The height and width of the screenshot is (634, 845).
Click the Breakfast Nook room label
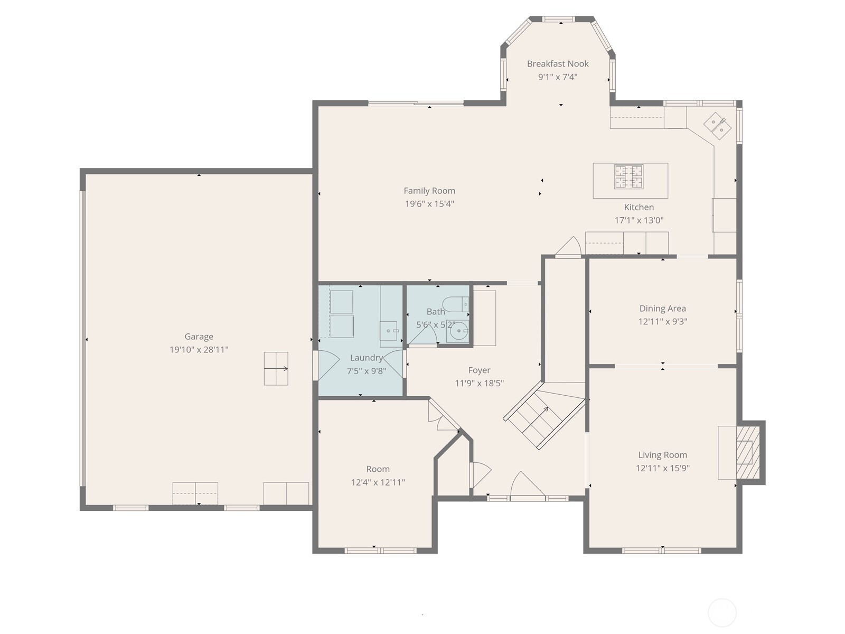point(558,64)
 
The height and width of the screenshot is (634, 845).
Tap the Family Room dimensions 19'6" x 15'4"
point(429,204)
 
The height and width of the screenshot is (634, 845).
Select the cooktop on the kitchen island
point(628,176)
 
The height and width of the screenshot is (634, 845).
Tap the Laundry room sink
point(390,331)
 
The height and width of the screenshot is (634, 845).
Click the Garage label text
point(199,337)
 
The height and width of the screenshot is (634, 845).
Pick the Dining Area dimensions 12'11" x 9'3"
point(662,322)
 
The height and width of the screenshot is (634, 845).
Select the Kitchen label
point(639,208)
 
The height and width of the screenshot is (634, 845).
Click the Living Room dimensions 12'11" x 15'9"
point(662,468)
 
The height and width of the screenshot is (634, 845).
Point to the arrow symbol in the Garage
point(276,368)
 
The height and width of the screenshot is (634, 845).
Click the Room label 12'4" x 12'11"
point(378,469)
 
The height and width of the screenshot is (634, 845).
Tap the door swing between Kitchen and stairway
point(569,247)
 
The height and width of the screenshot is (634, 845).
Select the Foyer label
point(479,370)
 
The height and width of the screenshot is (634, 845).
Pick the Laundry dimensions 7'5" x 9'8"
point(366,371)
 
